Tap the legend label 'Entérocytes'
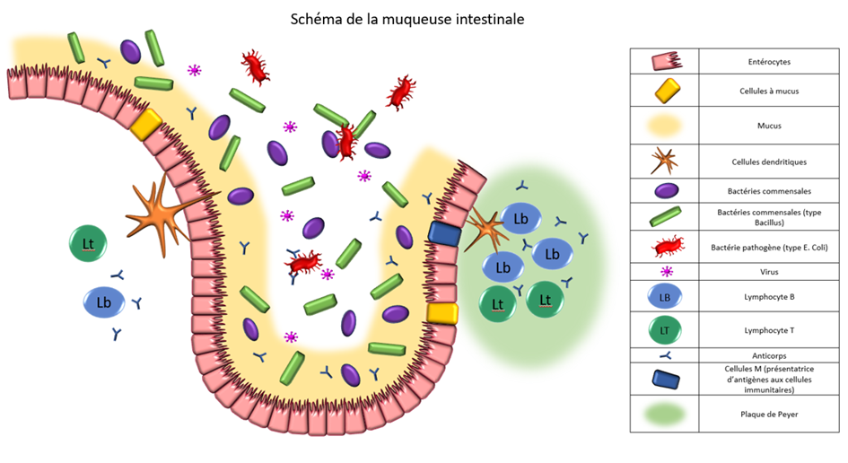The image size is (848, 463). coord(768,61)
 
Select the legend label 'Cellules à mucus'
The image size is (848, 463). coord(768,92)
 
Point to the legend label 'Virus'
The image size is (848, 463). coord(768,271)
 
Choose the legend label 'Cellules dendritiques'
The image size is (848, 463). coord(768,162)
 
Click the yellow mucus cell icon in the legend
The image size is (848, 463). coord(664,92)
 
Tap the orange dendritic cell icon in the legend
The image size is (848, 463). coord(664,162)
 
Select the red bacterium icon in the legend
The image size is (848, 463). coord(664,245)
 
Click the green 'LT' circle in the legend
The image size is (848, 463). coord(664,330)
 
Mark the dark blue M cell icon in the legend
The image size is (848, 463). coord(664,377)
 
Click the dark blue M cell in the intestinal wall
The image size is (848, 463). coord(444,233)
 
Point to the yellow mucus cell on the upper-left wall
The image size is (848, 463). coord(144,124)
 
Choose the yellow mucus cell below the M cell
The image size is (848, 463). coord(442,312)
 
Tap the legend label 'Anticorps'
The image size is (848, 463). coord(768,354)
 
